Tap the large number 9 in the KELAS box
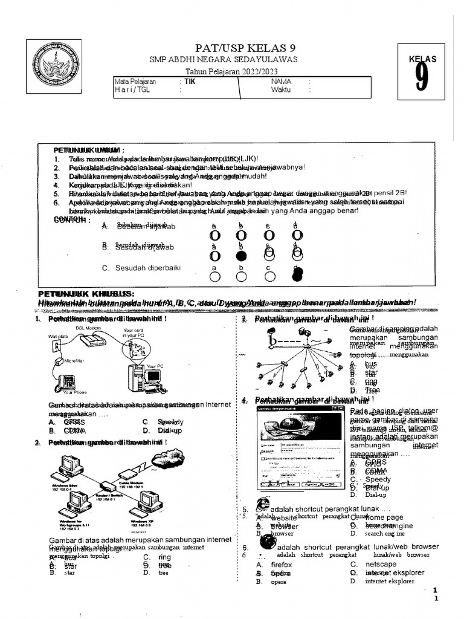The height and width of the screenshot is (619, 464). pos(422,80)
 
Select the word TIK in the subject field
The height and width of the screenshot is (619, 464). pos(190,81)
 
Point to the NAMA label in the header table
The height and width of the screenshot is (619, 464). pos(281,81)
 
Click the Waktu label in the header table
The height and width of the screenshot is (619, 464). pos(281,89)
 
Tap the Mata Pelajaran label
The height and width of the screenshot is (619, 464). pos(135,81)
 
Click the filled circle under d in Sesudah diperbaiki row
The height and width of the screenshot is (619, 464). pos(296,275)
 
